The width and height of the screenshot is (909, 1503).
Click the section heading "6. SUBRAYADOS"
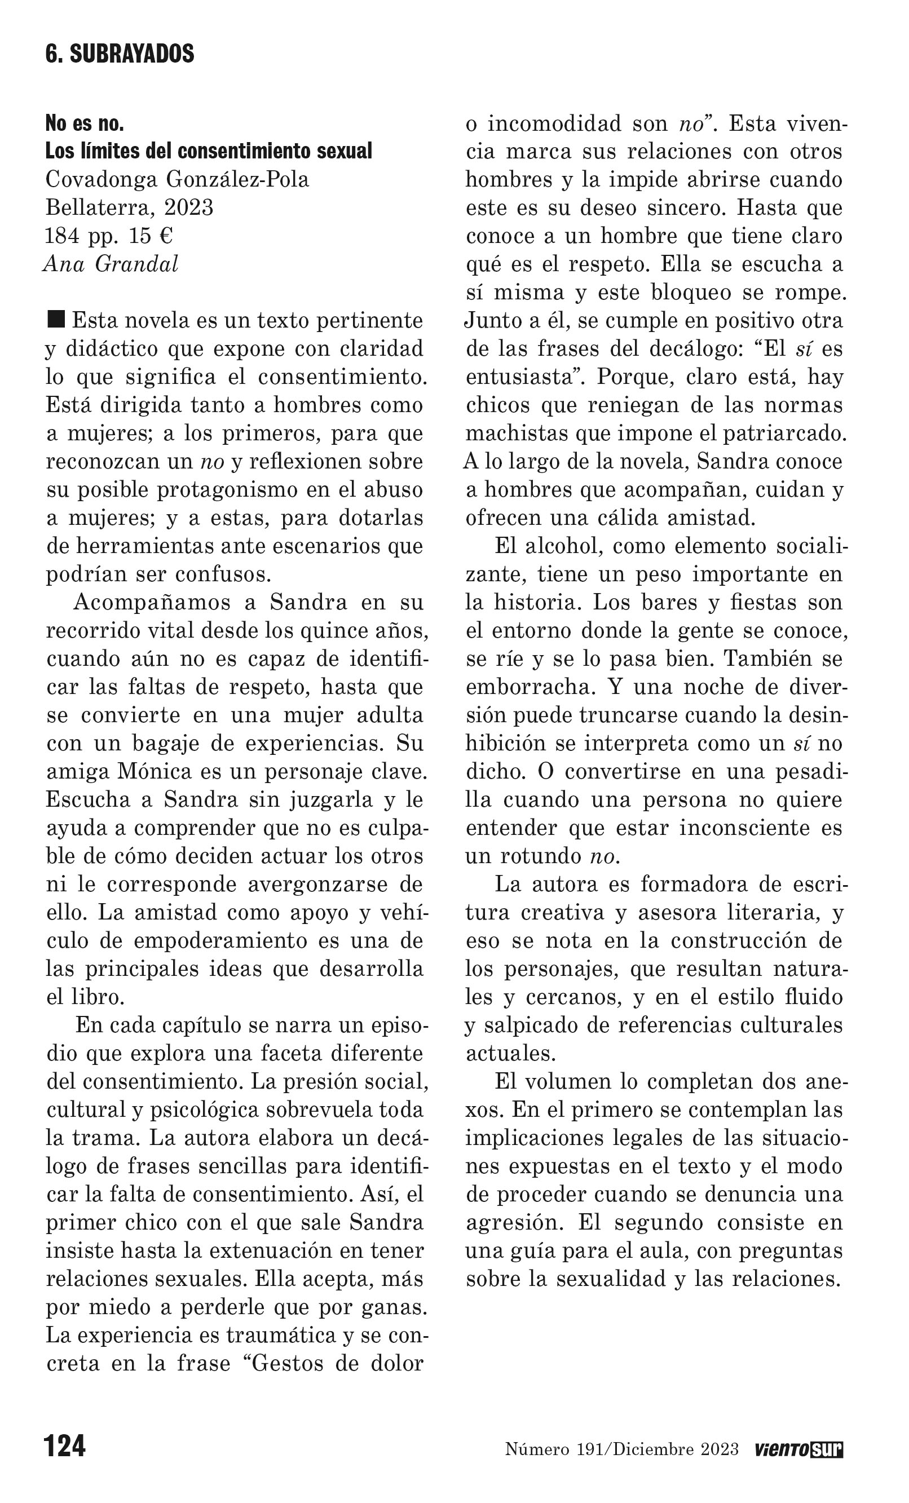[120, 54]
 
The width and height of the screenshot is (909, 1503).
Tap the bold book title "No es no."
[85, 124]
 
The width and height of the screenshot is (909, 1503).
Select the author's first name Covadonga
[100, 180]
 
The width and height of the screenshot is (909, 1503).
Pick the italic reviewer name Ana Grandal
[111, 264]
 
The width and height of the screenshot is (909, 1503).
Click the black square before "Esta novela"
[56, 319]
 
